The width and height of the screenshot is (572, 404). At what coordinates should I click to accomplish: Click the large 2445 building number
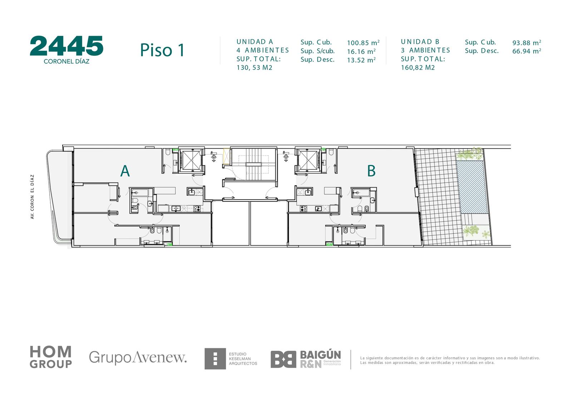(66, 46)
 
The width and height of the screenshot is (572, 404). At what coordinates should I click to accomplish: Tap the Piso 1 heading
(162, 50)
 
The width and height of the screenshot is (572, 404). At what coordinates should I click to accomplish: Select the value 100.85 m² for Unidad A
(363, 43)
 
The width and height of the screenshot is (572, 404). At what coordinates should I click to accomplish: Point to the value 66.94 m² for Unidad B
(527, 51)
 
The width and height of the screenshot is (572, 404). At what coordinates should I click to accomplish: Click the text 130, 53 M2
(254, 68)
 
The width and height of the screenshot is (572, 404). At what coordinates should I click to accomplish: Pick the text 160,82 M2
(418, 68)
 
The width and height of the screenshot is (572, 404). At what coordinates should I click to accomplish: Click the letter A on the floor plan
(125, 171)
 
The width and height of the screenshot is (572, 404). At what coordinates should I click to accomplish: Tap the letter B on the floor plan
(371, 171)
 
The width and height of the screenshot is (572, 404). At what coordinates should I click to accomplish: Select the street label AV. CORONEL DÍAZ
(32, 197)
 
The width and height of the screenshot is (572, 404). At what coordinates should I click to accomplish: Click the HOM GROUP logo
(51, 357)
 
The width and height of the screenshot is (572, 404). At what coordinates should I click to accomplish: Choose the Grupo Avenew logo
(138, 357)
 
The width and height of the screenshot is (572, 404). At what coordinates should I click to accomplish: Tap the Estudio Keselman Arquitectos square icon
(215, 359)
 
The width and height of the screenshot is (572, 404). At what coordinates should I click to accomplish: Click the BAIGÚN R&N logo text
(320, 359)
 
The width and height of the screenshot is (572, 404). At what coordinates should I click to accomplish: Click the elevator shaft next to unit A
(191, 160)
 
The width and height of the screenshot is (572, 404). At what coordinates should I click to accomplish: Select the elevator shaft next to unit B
(308, 160)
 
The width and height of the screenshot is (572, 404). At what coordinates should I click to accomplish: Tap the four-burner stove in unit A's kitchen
(197, 209)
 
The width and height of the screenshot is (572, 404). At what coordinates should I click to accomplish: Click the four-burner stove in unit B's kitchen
(304, 209)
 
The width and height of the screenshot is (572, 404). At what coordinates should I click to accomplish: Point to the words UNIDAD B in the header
(420, 41)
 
